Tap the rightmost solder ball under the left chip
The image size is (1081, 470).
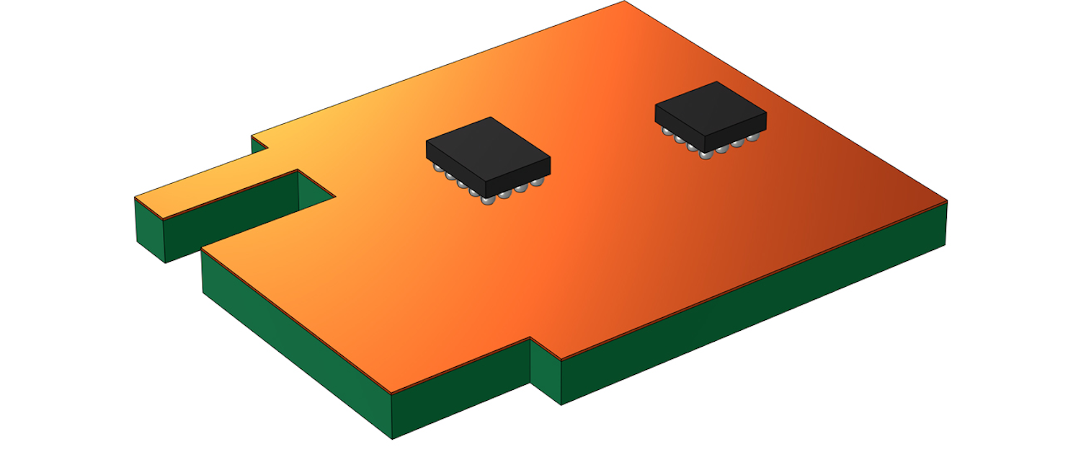(x=537, y=186)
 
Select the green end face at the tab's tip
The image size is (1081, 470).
(x=149, y=229)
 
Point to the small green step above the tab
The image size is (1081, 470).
(x=259, y=144)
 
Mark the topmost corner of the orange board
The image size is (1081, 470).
(x=624, y=1)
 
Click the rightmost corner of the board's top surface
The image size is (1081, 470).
(x=946, y=200)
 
